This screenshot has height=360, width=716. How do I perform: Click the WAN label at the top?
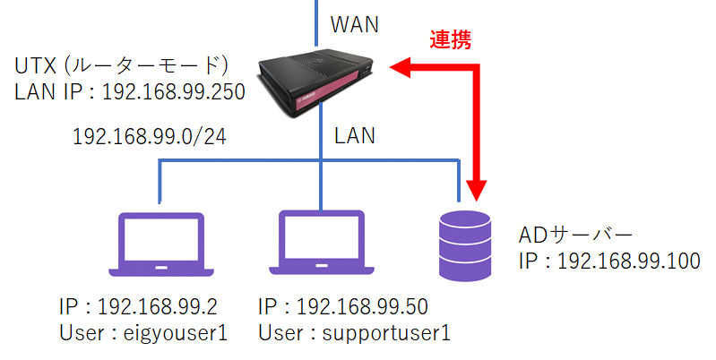[355, 24]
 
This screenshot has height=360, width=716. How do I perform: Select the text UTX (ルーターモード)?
[125, 65]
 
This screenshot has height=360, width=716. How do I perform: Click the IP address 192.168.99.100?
[610, 261]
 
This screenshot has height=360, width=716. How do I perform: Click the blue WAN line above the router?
[315, 22]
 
